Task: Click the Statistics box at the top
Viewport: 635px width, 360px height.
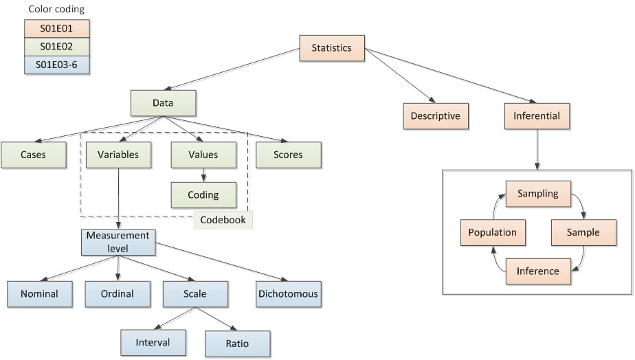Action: click(331, 48)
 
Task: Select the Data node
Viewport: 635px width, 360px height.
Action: click(164, 103)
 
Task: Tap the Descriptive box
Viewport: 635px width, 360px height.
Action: click(435, 115)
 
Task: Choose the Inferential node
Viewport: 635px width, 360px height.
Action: click(537, 115)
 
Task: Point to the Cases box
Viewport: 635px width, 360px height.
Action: click(33, 155)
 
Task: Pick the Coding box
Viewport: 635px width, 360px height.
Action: click(203, 194)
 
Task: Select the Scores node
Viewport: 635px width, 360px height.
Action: click(288, 155)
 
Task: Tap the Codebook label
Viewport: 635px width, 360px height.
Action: click(223, 220)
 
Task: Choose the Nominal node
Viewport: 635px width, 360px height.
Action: click(39, 293)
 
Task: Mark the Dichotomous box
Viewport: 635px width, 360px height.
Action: click(288, 293)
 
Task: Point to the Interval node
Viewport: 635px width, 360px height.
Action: click(152, 341)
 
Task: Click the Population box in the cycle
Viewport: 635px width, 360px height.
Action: click(492, 232)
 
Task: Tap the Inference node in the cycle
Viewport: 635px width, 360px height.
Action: click(538, 271)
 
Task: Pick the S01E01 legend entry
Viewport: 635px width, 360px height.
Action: click(56, 29)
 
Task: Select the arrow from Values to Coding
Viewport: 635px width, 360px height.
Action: click(203, 175)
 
